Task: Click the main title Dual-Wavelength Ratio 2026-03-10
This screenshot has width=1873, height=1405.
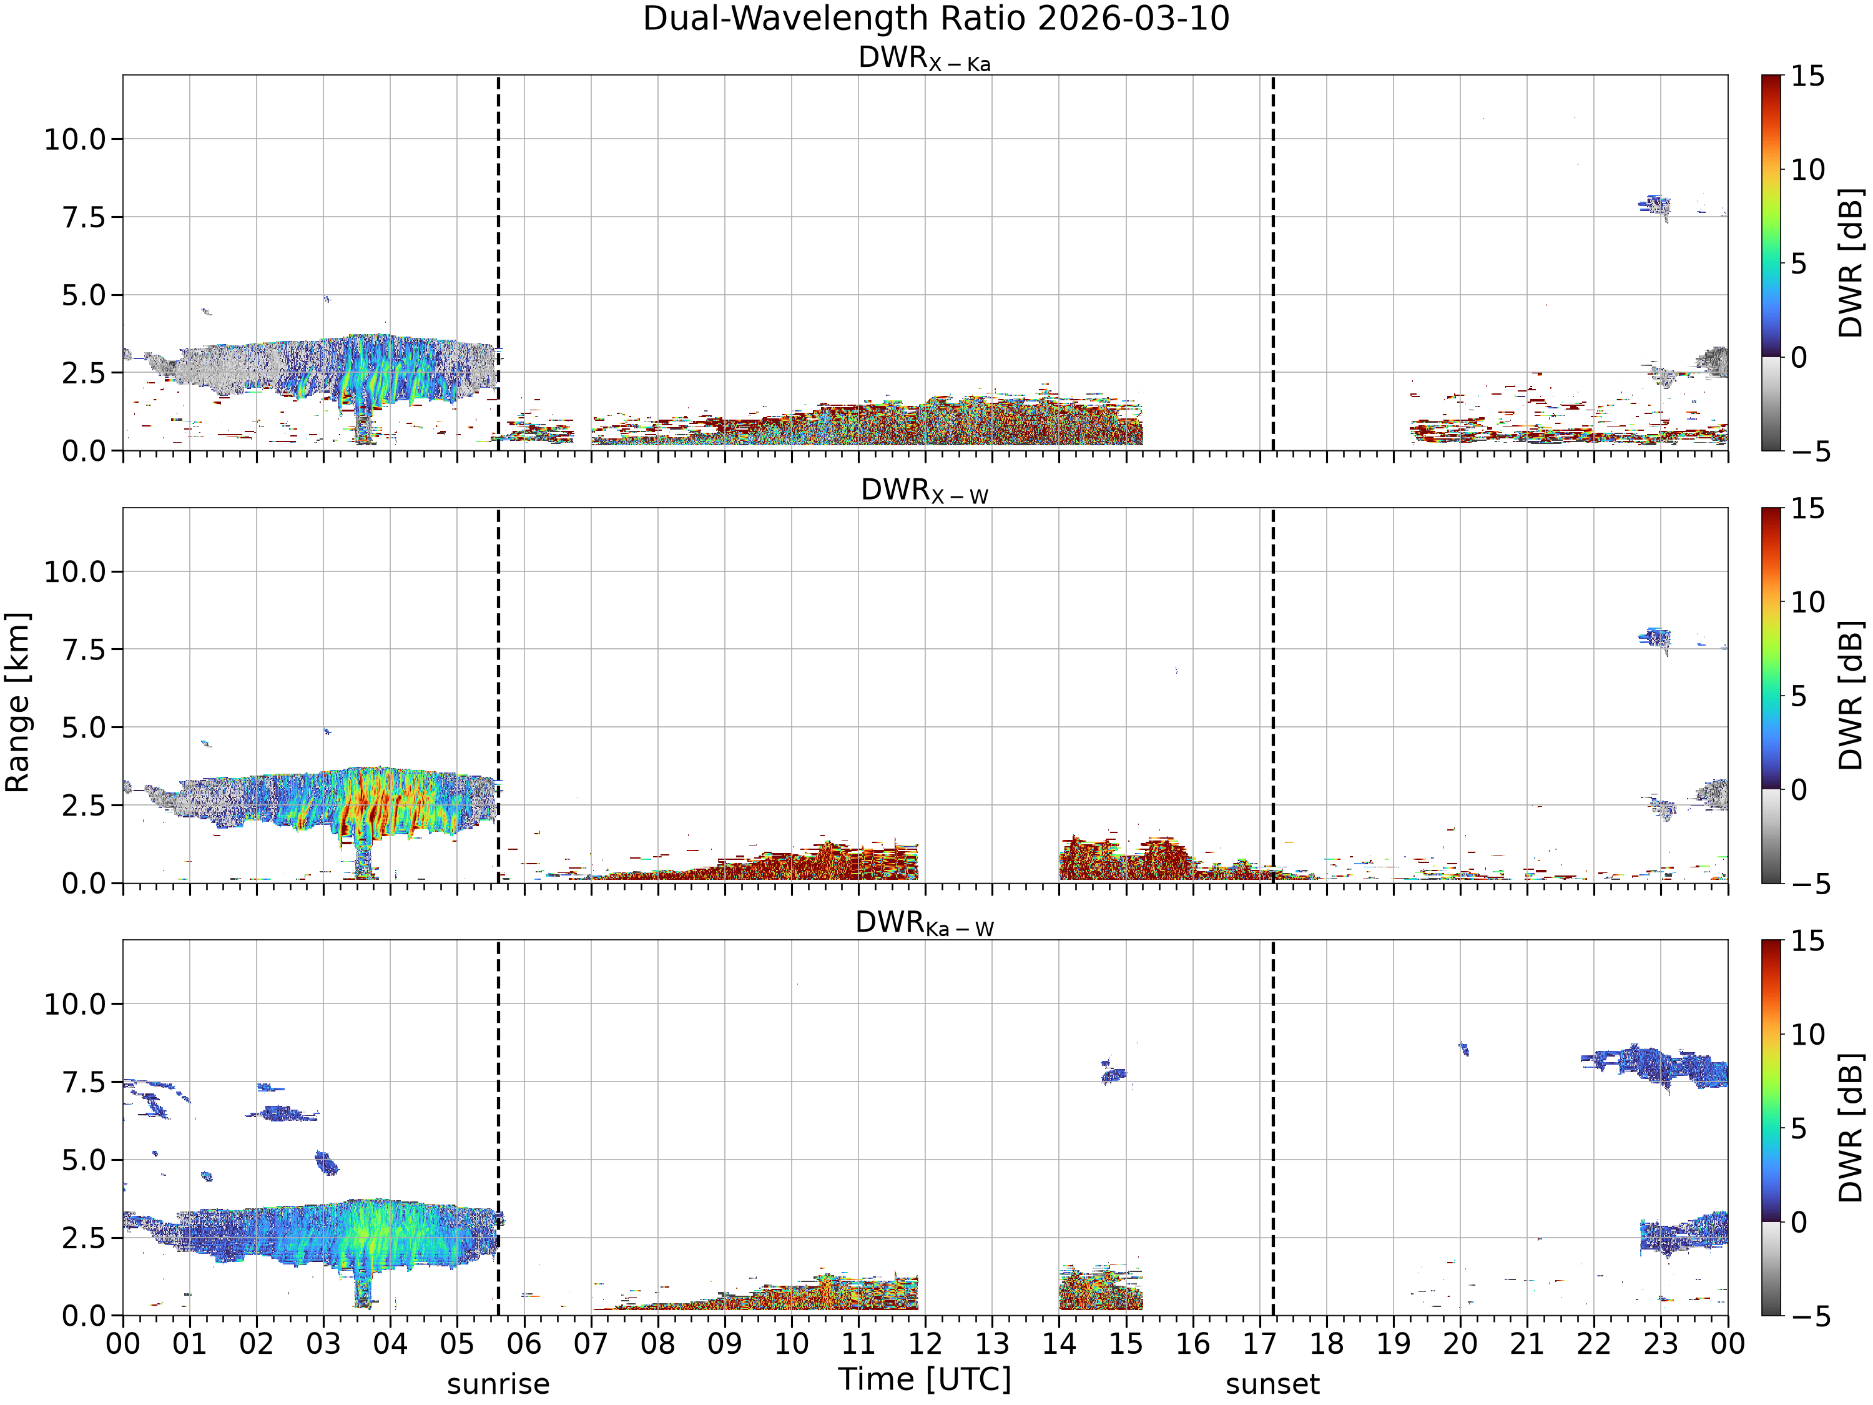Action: coord(936,19)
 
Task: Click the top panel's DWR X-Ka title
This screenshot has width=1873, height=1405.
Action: coord(925,59)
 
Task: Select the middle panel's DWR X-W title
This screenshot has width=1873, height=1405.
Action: coord(925,491)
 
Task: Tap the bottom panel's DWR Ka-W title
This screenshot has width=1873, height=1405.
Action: coord(925,923)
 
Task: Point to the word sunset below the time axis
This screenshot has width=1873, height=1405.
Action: coord(1272,1384)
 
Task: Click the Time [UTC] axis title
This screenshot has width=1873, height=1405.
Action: coord(925,1379)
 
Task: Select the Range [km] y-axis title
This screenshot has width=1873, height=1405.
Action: coord(17,702)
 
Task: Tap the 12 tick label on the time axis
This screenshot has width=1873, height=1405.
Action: coord(925,1343)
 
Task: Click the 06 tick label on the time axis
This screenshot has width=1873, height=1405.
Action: coord(524,1343)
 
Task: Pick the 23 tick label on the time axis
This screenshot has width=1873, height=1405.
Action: coord(1661,1343)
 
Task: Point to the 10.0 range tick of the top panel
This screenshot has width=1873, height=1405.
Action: coord(76,139)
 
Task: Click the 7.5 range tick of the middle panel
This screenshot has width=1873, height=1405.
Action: coord(86,649)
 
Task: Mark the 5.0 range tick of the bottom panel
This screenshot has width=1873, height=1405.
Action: coord(86,1160)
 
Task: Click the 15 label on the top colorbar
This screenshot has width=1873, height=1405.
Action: coord(1807,76)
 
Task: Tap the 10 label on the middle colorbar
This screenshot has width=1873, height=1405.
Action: coord(1807,602)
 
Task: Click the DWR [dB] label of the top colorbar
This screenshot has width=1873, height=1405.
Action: coord(1851,262)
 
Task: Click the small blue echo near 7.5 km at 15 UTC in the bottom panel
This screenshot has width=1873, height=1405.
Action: coord(1113,1075)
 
